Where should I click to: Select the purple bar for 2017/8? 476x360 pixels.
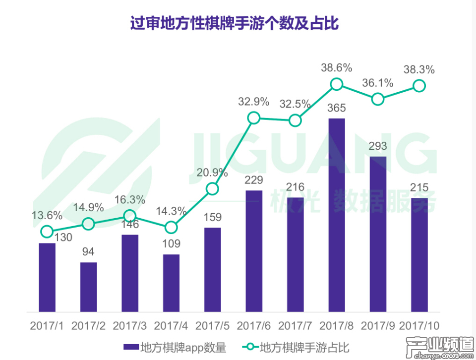click(337, 215)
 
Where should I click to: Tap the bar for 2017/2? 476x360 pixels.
click(88, 287)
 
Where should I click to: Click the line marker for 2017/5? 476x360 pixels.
click(212, 188)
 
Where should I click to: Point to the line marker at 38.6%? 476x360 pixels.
click(337, 84)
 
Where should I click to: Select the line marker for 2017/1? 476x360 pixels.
click(47, 231)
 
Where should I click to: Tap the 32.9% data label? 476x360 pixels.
click(253, 102)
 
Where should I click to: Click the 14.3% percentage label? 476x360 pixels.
click(171, 210)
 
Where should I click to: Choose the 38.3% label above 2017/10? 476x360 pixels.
click(419, 70)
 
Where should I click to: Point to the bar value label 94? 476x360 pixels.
click(88, 252)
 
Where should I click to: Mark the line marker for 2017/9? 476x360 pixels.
click(378, 99)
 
